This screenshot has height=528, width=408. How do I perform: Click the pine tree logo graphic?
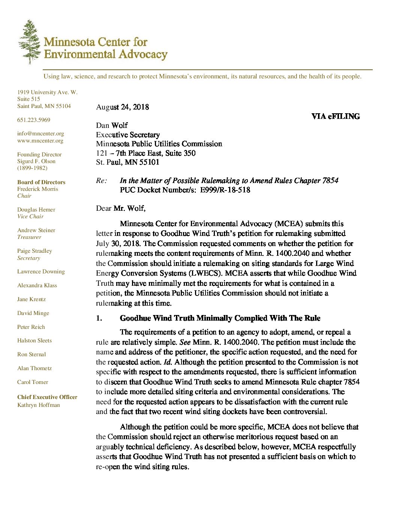pos(30,42)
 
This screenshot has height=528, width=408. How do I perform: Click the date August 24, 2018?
pos(122,107)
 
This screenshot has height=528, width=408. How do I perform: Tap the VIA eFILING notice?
pos(335,116)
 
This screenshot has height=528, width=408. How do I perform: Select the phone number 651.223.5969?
pos(34,120)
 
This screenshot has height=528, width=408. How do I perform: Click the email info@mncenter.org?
pos(40,133)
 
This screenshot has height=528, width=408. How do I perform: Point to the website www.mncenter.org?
pos(40,141)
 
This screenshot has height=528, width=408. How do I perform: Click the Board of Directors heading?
pos(41,182)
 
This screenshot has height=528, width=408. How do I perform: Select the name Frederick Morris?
pos(37,189)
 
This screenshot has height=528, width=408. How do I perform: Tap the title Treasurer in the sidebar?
pos(29,237)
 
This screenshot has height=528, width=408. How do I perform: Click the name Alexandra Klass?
pos(37,285)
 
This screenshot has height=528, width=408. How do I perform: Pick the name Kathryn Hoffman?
pos(39,405)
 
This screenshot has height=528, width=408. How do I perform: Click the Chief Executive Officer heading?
pos(47,397)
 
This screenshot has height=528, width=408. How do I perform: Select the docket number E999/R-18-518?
pos(225,190)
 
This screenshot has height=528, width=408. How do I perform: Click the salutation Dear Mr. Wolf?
pos(121,208)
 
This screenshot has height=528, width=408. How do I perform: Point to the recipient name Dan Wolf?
pos(112,125)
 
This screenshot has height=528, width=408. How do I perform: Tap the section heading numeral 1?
pos(99,318)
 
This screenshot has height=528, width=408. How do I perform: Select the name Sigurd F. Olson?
pos(36,161)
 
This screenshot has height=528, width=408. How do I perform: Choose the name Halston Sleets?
pos(34,340)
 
